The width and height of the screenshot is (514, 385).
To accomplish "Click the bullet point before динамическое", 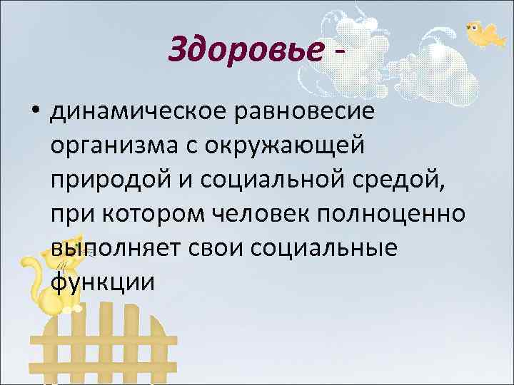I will (34, 112).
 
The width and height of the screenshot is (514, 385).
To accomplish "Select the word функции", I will (103, 282).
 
